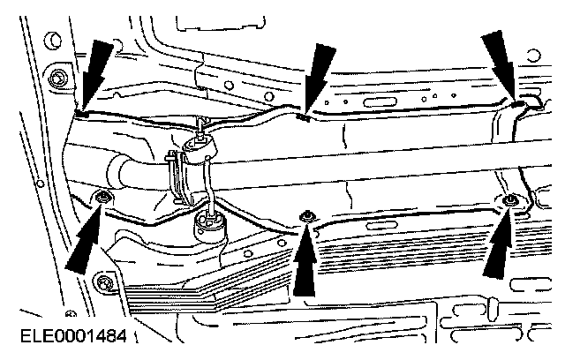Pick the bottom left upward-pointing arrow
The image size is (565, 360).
(x=83, y=238)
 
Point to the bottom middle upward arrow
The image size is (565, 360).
(x=306, y=260)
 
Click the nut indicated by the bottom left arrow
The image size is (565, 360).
(x=103, y=196)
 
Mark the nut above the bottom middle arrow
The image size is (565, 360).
(x=307, y=215)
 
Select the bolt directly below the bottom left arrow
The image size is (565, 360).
(x=105, y=283)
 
